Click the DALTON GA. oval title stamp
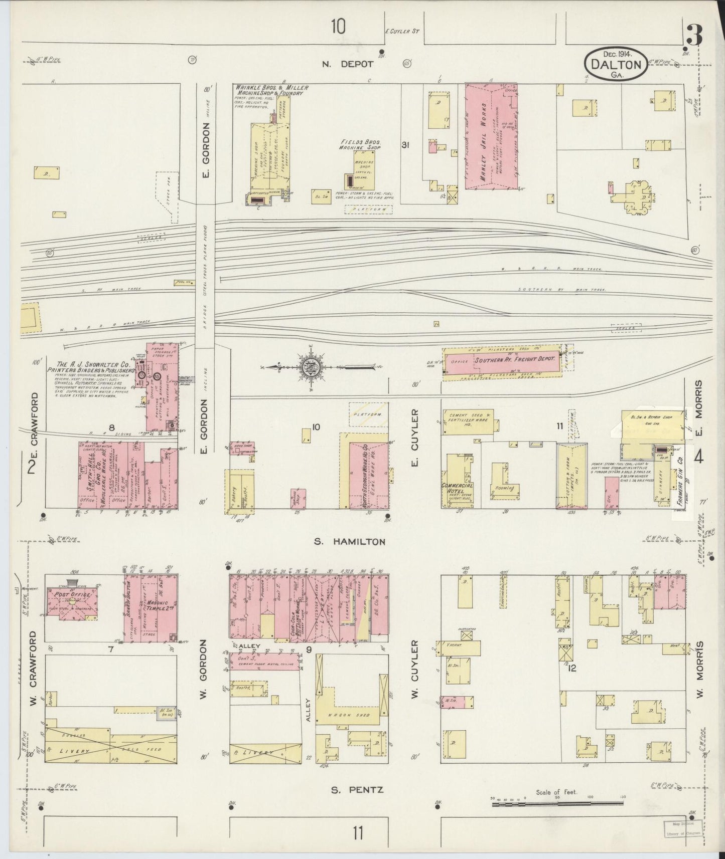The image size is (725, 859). (615, 63)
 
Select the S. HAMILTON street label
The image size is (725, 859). (350, 541)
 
